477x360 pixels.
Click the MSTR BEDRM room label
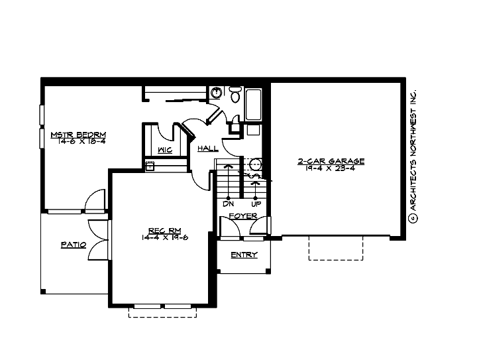click(78, 135)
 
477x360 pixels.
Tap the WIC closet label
click(165, 150)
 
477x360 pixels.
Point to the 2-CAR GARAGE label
click(341, 161)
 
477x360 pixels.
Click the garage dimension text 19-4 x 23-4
click(341, 169)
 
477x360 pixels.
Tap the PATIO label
click(74, 245)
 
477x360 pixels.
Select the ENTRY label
click(244, 255)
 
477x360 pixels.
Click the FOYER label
click(243, 216)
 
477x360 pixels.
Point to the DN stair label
click(229, 204)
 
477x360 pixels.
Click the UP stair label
click(256, 204)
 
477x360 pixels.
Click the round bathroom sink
click(216, 93)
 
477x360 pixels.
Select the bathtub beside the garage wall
click(255, 105)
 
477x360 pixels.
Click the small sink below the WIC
click(150, 166)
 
